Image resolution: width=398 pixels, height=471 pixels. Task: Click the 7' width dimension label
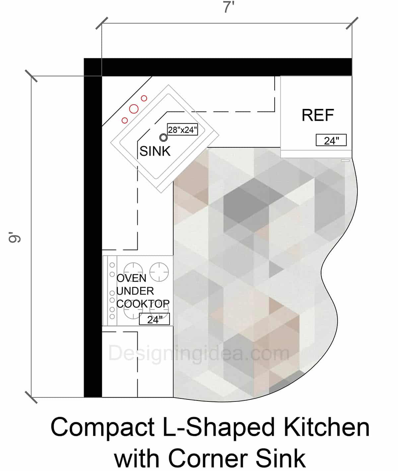(229, 7)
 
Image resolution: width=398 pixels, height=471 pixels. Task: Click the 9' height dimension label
(15, 238)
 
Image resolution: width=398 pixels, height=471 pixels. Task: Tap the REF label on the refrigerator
(317, 115)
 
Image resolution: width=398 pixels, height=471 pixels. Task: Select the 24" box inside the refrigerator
(331, 140)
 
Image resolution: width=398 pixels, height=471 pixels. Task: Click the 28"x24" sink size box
(182, 130)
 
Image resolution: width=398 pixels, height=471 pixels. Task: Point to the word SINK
(155, 151)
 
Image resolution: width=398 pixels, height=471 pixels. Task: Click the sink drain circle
(163, 137)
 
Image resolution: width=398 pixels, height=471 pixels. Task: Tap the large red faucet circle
(134, 109)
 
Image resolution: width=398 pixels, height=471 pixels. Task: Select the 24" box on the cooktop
(154, 319)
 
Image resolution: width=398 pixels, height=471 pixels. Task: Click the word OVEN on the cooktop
(131, 278)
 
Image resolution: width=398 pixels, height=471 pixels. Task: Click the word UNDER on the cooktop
(135, 291)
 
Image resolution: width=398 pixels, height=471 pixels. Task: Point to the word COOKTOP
(143, 303)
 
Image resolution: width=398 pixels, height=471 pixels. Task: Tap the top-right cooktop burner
(159, 272)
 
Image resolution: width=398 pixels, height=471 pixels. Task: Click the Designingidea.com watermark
(198, 353)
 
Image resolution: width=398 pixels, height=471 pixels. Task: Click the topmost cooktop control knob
(112, 265)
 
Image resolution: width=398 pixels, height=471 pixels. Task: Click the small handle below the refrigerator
(345, 160)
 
